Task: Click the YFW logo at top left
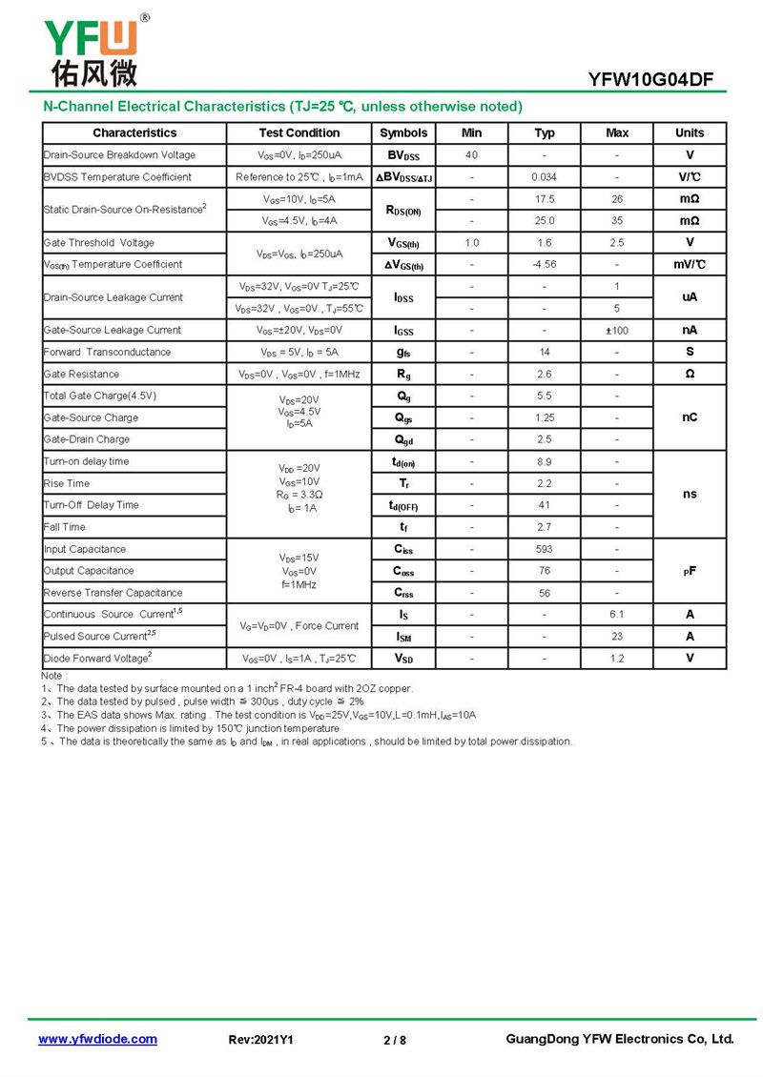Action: tap(92, 48)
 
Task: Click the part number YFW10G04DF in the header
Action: tap(650, 80)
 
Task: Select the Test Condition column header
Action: tap(299, 133)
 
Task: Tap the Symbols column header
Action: tap(403, 133)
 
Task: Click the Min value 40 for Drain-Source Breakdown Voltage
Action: tap(471, 155)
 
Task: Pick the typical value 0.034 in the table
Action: tap(545, 177)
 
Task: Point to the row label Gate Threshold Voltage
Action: tap(99, 243)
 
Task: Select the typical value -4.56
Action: tap(545, 265)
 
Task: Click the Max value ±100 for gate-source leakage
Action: tap(617, 330)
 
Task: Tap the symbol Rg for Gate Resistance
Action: tap(403, 375)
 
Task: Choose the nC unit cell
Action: tap(690, 417)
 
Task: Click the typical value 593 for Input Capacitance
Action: tap(545, 549)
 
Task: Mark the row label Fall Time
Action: tap(65, 527)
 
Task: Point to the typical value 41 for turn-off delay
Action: tap(545, 505)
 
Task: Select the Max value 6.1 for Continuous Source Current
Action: tap(617, 615)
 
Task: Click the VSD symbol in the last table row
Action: tap(403, 659)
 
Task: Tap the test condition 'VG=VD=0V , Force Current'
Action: tap(299, 626)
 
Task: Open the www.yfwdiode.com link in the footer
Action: tap(97, 1040)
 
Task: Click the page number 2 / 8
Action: tap(394, 1040)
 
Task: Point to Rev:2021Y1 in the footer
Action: tap(261, 1040)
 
